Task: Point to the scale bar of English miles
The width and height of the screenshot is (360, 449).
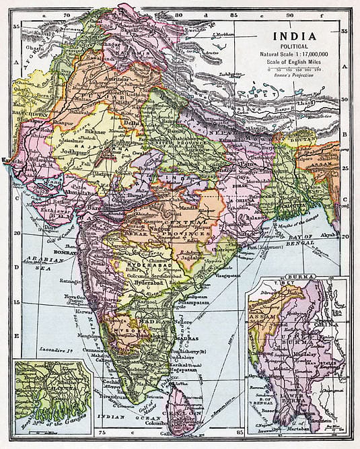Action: (x=295, y=69)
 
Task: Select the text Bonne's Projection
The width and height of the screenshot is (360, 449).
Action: (x=295, y=76)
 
